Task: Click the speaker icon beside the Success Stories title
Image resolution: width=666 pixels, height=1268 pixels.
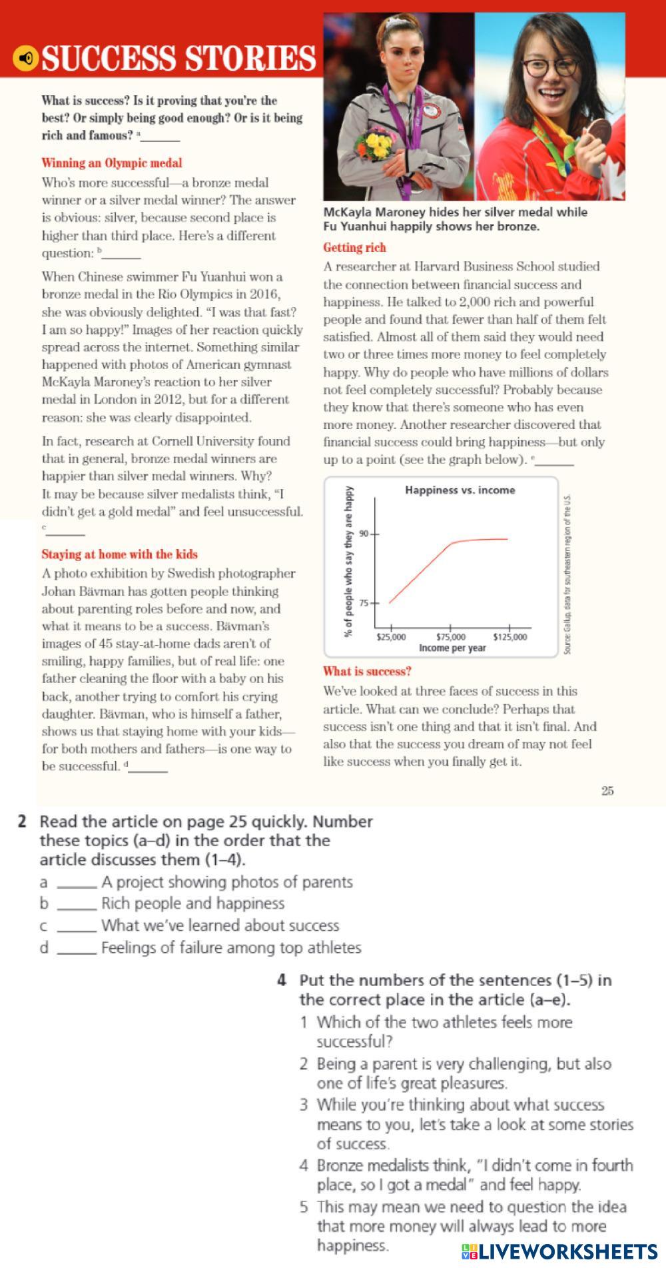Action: pyautogui.click(x=25, y=59)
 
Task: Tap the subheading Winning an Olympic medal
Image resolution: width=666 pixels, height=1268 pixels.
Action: pyautogui.click(x=111, y=163)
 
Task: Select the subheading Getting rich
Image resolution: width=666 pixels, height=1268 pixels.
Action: pyautogui.click(x=354, y=248)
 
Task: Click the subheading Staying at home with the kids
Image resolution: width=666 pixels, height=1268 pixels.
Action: pyautogui.click(x=119, y=554)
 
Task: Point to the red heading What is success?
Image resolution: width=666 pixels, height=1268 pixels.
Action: pyautogui.click(x=367, y=672)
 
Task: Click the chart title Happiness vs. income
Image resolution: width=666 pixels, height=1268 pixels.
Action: pyautogui.click(x=460, y=490)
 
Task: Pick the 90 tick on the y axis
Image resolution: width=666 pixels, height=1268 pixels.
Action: pyautogui.click(x=364, y=534)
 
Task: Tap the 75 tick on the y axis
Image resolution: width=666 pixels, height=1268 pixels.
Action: pyautogui.click(x=364, y=603)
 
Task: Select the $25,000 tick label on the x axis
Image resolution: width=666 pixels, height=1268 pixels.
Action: pyautogui.click(x=391, y=637)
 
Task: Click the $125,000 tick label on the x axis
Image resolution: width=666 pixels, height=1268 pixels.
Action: pyautogui.click(x=509, y=637)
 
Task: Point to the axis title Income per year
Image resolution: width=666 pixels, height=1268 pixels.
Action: pyautogui.click(x=452, y=648)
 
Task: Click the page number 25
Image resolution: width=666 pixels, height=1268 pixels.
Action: pyautogui.click(x=607, y=791)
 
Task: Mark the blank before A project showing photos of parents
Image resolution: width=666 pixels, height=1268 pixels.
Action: pyautogui.click(x=77, y=884)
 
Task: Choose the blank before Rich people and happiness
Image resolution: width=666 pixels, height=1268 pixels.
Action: pyautogui.click(x=77, y=905)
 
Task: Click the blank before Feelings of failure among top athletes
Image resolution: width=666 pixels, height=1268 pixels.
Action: pyautogui.click(x=77, y=949)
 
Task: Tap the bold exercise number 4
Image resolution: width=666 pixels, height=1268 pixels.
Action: pyautogui.click(x=282, y=980)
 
